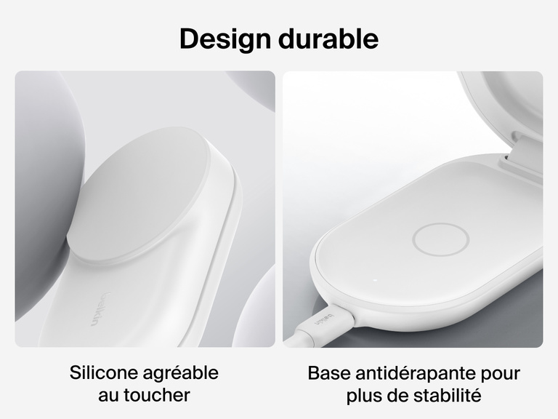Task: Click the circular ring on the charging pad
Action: click(x=434, y=239)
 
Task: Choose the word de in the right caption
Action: click(x=400, y=396)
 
